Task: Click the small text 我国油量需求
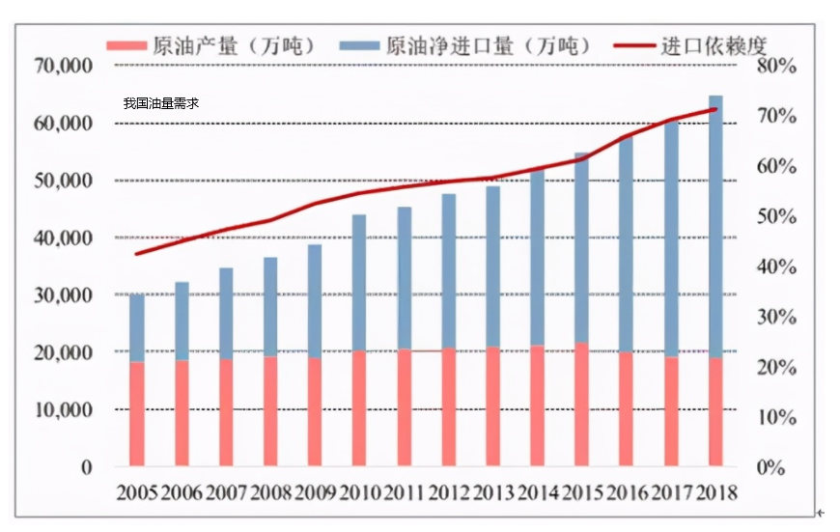(x=160, y=103)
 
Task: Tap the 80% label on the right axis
(x=776, y=67)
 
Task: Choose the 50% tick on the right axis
(x=776, y=217)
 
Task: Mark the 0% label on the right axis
(x=776, y=467)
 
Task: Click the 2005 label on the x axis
(x=137, y=492)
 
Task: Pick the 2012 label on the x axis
(x=449, y=492)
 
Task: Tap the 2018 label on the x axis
(x=716, y=492)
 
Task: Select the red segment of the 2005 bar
(x=137, y=415)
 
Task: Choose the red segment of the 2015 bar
(x=582, y=406)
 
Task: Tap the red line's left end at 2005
(x=137, y=254)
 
